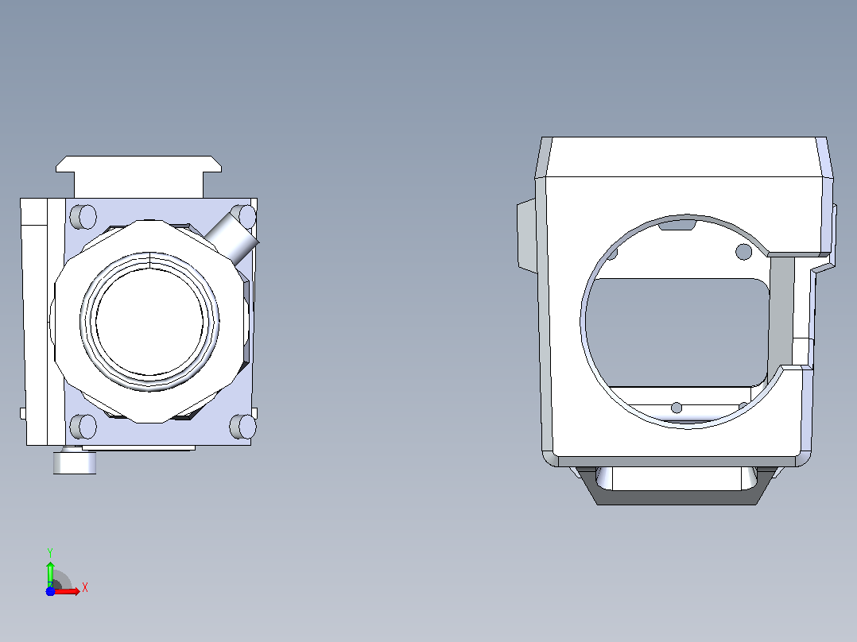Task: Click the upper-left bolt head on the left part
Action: pos(83,217)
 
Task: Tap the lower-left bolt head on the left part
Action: pos(83,426)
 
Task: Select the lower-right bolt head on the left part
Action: pos(242,426)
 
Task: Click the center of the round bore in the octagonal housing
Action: pos(149,321)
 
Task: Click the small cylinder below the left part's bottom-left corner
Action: pos(75,461)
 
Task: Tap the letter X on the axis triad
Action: pos(85,588)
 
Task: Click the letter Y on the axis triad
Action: pos(50,553)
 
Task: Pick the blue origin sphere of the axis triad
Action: pos(50,591)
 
